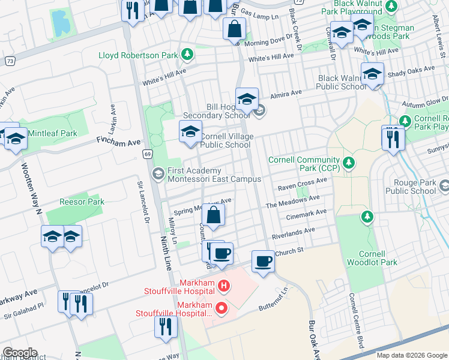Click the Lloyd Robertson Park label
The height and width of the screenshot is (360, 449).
click(138, 55)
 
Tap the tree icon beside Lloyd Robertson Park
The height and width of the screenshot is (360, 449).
click(188, 55)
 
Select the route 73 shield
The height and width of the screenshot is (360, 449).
click(10, 61)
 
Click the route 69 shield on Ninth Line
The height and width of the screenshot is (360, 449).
click(147, 155)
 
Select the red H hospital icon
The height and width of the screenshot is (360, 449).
click(223, 286)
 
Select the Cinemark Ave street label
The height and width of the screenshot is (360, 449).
click(306, 213)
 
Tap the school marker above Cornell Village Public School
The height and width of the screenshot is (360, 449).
click(190, 131)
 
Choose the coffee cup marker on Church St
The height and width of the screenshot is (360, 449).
click(262, 262)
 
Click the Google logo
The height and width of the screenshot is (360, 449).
click(19, 353)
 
